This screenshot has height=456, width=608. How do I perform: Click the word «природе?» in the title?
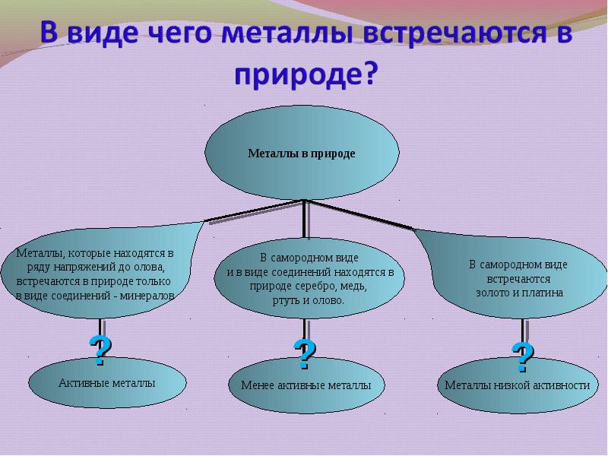point(306,74)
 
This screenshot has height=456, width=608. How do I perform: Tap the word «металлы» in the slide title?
point(287,33)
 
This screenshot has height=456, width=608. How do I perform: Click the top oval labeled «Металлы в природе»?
point(302,153)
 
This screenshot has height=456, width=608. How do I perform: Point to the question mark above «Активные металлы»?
point(100,350)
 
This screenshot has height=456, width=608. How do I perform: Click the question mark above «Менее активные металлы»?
point(305,354)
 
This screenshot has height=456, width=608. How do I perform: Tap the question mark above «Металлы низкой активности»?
point(523,357)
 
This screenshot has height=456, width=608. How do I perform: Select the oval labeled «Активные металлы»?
point(107,382)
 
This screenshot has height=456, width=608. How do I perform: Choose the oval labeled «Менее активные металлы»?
point(306,385)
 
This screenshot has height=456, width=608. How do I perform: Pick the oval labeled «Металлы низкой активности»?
point(518,385)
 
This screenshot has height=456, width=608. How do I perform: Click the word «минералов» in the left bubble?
point(147,296)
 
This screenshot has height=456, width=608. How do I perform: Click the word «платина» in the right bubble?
point(542,293)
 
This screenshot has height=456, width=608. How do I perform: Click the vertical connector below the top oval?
point(305,219)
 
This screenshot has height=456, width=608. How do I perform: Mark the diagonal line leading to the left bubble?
point(254,211)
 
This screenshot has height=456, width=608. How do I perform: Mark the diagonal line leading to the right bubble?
point(359,215)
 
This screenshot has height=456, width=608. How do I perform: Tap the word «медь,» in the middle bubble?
point(355,287)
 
